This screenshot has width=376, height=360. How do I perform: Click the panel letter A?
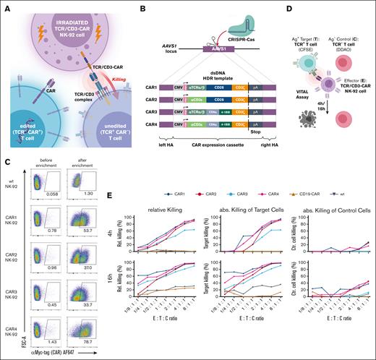click(5, 6)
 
